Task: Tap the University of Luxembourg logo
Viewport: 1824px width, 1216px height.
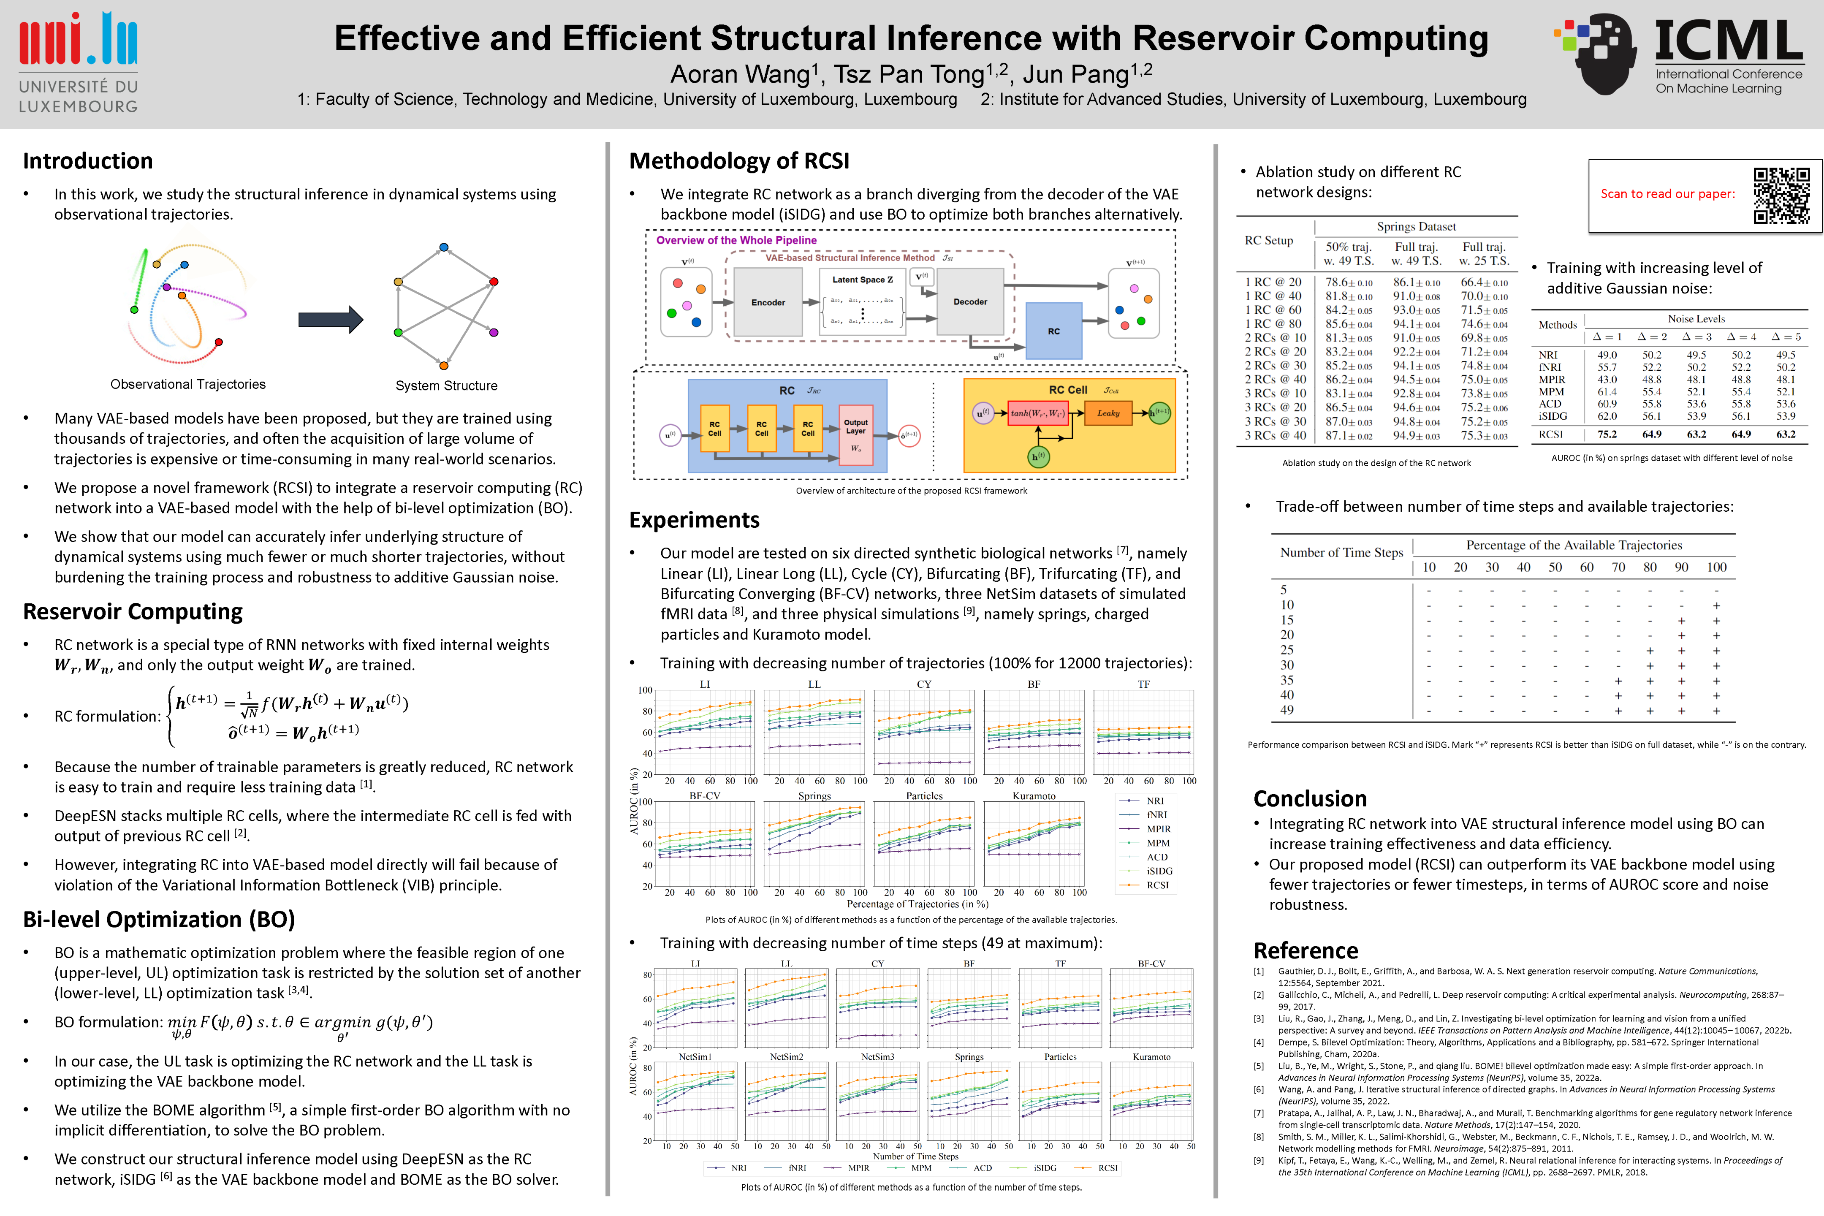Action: click(79, 62)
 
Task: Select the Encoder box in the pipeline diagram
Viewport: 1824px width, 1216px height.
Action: click(768, 302)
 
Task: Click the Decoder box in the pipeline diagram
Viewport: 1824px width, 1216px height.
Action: click(970, 301)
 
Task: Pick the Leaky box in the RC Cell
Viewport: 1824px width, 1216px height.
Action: click(1108, 413)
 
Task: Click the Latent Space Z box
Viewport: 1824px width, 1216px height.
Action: click(862, 301)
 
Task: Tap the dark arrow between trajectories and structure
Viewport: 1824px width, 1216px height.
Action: click(330, 319)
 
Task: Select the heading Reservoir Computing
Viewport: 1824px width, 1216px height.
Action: click(133, 612)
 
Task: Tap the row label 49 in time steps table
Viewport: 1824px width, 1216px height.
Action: click(1287, 710)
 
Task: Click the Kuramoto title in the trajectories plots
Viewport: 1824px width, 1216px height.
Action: click(1034, 795)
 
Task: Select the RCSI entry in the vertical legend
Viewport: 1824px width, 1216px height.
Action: click(1157, 885)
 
